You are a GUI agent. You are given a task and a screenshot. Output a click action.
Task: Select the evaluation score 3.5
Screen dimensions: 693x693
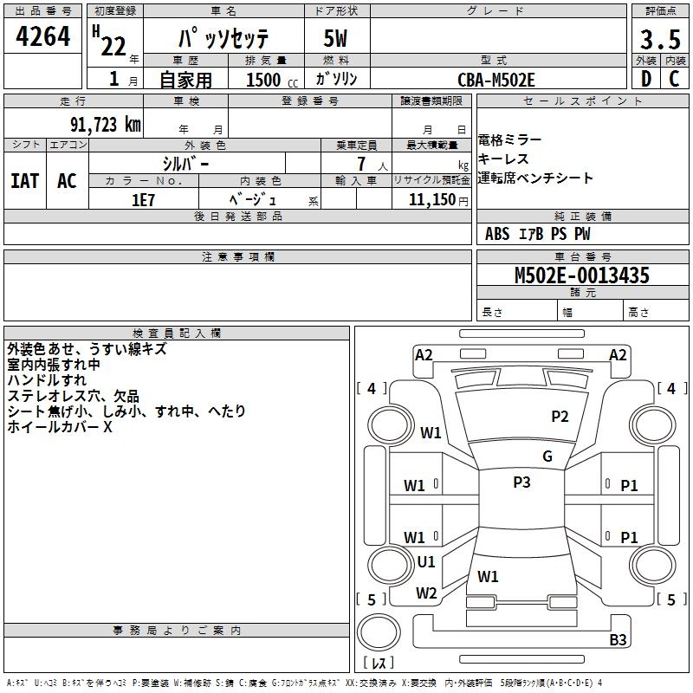(x=658, y=40)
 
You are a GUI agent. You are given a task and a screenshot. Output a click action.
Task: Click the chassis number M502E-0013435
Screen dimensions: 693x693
(x=581, y=276)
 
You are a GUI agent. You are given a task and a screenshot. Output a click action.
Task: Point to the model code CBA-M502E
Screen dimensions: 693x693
(x=496, y=80)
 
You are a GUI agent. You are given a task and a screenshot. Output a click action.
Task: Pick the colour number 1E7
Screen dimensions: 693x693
(x=143, y=199)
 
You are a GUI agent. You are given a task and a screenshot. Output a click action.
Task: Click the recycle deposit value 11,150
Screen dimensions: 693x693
(x=426, y=199)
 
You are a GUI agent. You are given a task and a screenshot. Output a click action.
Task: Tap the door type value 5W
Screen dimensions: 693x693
(x=336, y=40)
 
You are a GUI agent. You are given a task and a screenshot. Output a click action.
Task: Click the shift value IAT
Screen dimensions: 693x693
(x=24, y=181)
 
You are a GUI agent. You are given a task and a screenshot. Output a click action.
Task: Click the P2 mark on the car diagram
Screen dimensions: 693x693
(x=560, y=417)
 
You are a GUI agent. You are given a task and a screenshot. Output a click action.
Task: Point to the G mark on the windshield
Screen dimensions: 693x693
(x=547, y=457)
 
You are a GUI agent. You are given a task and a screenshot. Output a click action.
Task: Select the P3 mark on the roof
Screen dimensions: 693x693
(x=521, y=483)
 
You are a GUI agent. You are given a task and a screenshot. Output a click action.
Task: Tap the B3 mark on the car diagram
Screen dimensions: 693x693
(x=618, y=640)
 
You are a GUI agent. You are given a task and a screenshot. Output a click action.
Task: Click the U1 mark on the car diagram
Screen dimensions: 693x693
(x=426, y=562)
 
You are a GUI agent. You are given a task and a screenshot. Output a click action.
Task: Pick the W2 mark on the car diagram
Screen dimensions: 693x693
(x=426, y=593)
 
